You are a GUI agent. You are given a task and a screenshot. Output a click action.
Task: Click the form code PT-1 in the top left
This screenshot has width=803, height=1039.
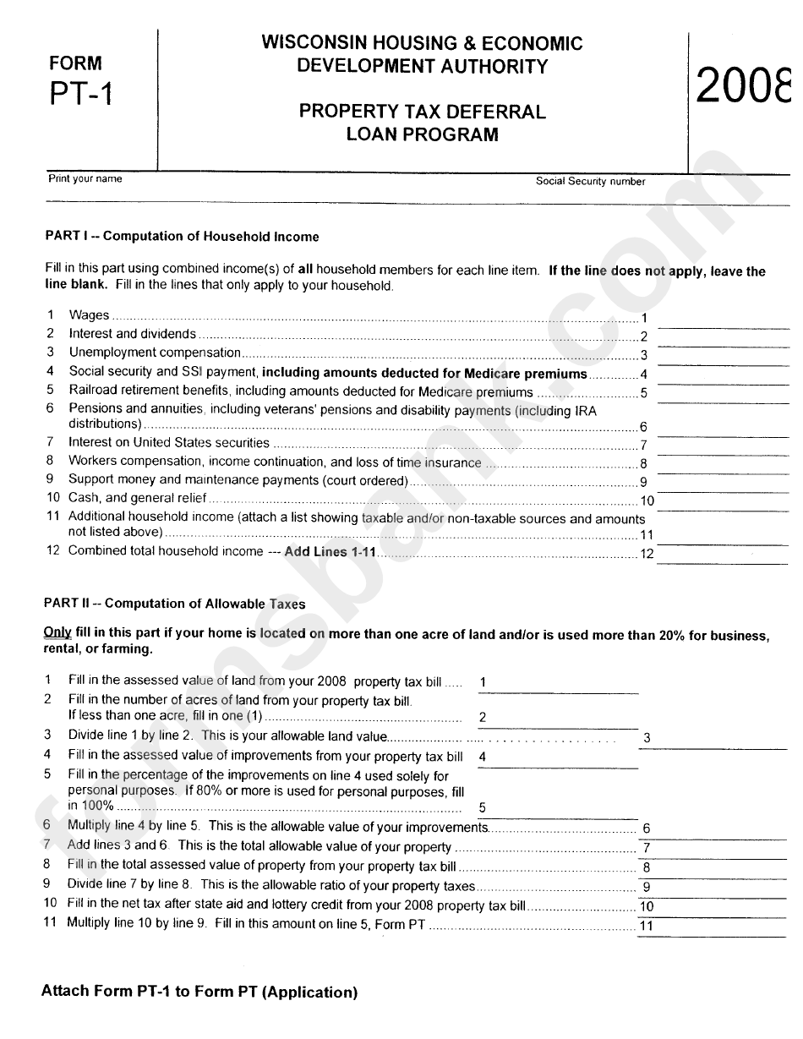(81, 92)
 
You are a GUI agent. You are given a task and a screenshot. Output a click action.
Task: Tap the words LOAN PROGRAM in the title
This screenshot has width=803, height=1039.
(422, 134)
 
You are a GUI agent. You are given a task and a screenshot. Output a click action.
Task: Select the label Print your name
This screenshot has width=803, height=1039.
(85, 178)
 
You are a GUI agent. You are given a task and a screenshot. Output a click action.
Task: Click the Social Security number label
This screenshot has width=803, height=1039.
(590, 181)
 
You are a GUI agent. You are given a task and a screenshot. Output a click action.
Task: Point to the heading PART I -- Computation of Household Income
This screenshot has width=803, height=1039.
(182, 237)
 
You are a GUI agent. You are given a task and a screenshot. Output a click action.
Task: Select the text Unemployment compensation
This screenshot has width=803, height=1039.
(155, 353)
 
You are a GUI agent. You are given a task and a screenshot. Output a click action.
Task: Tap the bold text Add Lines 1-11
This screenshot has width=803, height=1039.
(330, 551)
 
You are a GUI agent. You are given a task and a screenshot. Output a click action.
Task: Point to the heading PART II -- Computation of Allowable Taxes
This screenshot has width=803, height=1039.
(175, 604)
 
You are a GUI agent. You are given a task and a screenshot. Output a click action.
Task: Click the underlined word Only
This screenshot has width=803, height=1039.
(57, 635)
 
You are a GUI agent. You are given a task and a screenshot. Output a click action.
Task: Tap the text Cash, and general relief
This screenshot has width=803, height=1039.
(138, 498)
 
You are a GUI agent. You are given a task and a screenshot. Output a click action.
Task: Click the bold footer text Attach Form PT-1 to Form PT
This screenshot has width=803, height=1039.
(199, 992)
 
